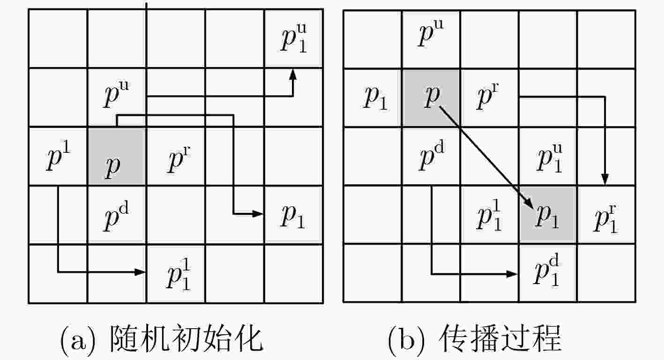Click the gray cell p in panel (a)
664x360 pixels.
coord(117,156)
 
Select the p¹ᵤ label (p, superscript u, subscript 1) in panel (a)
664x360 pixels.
coord(294,38)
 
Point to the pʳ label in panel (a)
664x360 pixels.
coord(179,159)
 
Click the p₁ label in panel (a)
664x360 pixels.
coord(293,217)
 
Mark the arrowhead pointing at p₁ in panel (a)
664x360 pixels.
coord(257,213)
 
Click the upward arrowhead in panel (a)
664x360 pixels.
coord(293,75)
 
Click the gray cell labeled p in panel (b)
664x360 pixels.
coord(431,98)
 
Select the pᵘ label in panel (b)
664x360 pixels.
coord(431,33)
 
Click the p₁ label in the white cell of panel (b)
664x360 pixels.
coord(375,98)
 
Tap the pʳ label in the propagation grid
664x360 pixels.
coord(487,96)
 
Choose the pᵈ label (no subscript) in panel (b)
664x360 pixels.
coord(432,156)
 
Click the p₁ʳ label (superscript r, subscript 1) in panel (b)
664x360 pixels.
coord(605,219)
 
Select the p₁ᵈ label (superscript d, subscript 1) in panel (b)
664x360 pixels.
coord(546,270)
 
